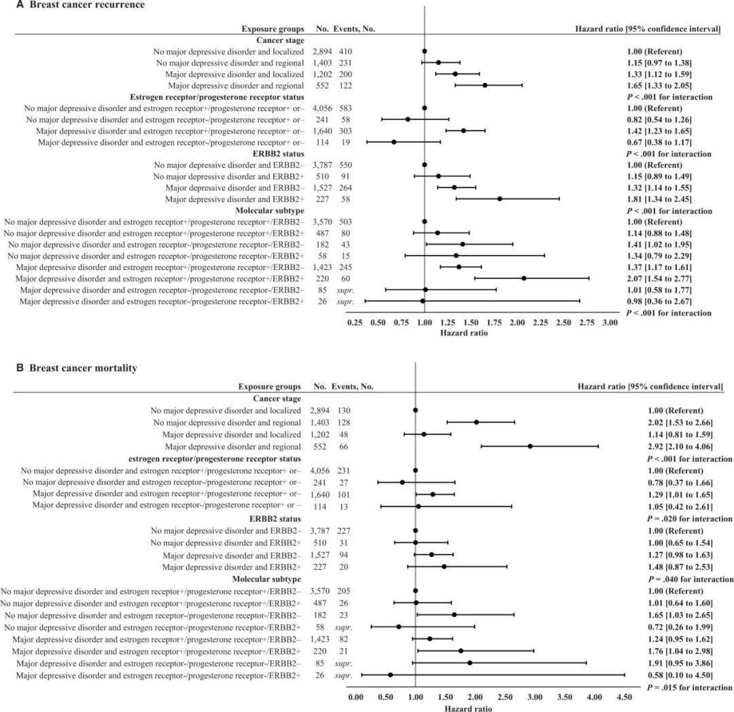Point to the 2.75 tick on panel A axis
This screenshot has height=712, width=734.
point(587,323)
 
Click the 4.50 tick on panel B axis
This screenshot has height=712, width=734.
point(624,697)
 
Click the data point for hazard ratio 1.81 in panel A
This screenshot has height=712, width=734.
point(500,199)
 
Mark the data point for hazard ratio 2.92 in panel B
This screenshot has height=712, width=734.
point(530,447)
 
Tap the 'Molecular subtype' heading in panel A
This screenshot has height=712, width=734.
point(270,211)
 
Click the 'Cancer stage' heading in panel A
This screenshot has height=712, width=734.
point(279,40)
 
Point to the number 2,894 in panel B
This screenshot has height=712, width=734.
point(324,411)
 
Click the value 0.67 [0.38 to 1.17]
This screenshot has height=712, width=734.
point(659,142)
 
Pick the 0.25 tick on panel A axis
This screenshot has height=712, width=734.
point(355,323)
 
